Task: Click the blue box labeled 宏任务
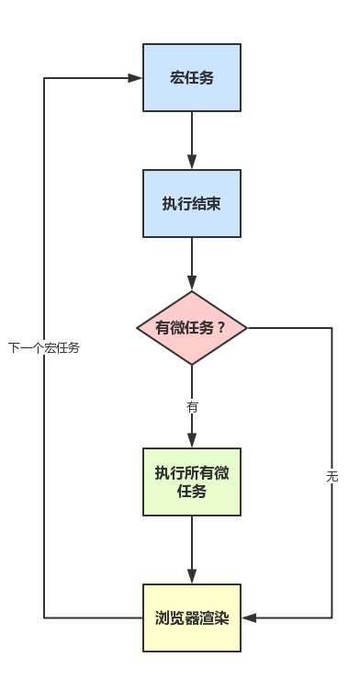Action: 192,78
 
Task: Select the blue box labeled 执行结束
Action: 192,203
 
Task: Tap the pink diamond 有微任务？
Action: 192,328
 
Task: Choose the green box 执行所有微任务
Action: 192,482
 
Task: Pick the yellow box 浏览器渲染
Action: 192,618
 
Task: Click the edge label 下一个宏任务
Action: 44,347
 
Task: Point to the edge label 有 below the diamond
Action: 192,406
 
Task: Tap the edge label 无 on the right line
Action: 332,476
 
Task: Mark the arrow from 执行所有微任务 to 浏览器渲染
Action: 192,549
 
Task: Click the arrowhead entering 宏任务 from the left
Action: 136,78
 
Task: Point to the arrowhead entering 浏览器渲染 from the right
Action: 248,618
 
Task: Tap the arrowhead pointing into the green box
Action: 192,441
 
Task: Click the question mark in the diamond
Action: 220,328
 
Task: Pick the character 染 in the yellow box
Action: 220,618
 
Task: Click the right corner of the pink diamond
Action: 246,328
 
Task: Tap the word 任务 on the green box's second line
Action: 192,492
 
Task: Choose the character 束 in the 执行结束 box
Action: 213,203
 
